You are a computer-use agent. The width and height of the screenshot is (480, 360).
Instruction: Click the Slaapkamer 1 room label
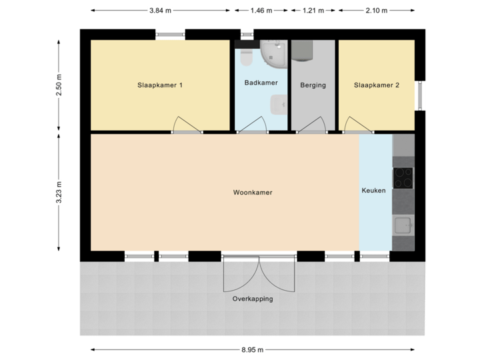pos(159,85)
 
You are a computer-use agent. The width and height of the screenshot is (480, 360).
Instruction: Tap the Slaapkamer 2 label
pos(377,85)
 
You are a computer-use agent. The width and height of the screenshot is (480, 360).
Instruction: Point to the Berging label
pos(313,85)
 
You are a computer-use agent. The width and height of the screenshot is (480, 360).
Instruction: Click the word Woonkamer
pos(253,193)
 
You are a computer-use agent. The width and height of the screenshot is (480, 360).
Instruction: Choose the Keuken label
pos(373,191)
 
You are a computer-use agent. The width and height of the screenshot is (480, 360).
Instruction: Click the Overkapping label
pos(253,299)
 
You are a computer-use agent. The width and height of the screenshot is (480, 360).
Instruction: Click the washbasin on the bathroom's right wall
pos(279,104)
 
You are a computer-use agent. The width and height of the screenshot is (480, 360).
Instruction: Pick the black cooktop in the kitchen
pos(403,177)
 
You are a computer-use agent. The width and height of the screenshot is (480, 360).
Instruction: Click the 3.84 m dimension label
pos(160,11)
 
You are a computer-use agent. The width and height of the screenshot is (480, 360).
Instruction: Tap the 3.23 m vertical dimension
pos(59,192)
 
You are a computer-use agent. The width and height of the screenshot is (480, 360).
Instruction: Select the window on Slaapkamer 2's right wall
pos(420,95)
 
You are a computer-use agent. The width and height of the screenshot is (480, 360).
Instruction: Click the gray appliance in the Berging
pos(303,50)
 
